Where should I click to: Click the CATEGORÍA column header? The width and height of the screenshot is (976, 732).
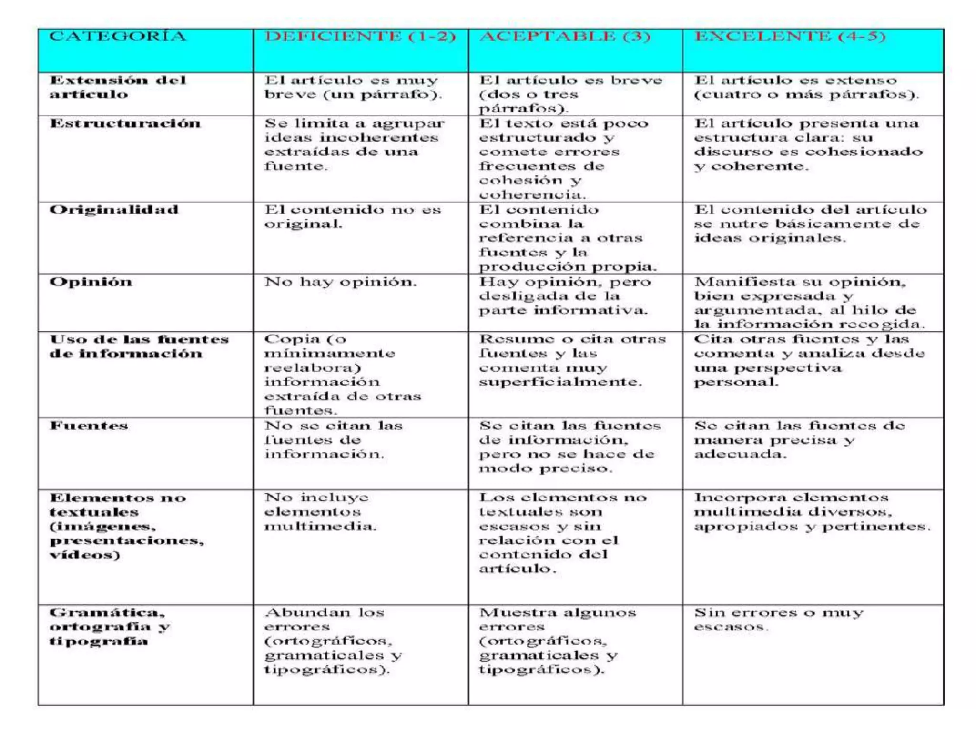(117, 37)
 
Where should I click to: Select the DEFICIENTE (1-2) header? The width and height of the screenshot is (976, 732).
(360, 37)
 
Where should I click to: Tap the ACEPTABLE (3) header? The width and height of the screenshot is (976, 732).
(565, 37)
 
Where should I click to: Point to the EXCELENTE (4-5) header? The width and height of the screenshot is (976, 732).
(790, 37)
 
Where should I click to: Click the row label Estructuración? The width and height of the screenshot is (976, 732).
(125, 124)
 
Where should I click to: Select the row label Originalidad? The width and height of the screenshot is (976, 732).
(114, 210)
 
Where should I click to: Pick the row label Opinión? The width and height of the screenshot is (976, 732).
(91, 282)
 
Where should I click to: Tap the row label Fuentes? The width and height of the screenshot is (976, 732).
(89, 426)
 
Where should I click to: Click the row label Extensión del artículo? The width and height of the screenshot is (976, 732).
(117, 87)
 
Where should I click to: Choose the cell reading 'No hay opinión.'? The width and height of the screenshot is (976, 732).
(340, 282)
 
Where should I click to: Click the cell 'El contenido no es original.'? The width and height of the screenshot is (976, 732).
(353, 217)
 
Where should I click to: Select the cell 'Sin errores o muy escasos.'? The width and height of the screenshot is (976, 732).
(778, 620)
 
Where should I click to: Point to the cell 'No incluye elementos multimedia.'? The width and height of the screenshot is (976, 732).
(320, 512)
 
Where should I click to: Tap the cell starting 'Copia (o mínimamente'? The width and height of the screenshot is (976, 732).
(343, 375)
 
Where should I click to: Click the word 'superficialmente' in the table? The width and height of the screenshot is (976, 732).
(560, 382)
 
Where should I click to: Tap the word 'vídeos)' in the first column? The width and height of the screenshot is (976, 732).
(85, 555)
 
